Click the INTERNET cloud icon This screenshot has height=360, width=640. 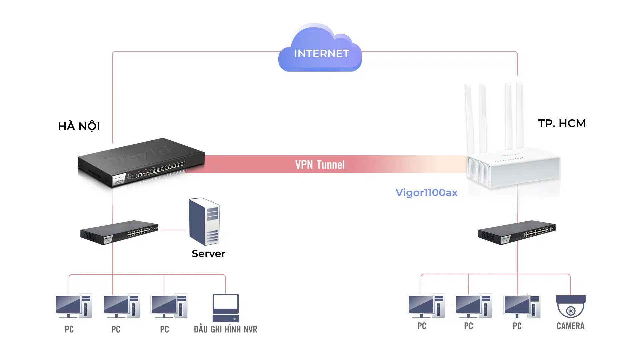point(320,50)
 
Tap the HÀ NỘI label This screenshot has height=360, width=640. point(79,126)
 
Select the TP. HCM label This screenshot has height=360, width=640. point(562,123)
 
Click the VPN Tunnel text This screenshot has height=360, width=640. point(320,165)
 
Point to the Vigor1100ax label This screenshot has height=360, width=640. point(426,193)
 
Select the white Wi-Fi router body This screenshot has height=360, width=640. point(513,170)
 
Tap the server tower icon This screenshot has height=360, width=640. point(204,222)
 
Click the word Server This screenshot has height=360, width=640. point(208,254)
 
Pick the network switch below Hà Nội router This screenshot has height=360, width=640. point(119,232)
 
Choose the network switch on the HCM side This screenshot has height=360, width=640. point(517,232)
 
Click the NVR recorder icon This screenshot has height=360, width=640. point(226,308)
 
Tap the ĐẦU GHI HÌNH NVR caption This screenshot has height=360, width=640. point(226,329)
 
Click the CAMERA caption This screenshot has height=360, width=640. point(570,326)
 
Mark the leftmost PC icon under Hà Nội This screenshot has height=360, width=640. point(73,306)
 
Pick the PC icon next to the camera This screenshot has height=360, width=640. point(522,306)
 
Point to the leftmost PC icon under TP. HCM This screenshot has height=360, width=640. point(426,306)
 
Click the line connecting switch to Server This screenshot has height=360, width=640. point(172,230)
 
